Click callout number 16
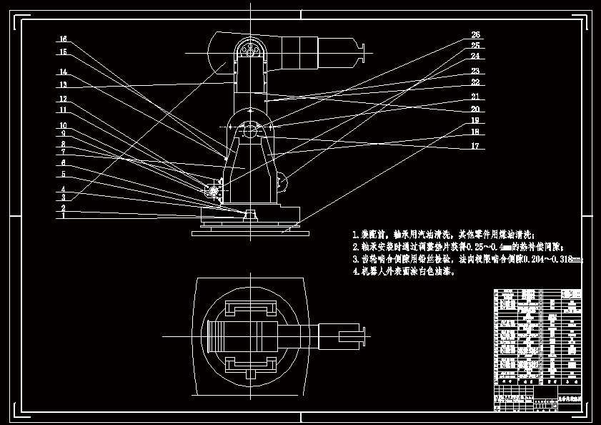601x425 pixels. coord(63,39)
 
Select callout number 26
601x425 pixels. coord(475,35)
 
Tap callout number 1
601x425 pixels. coord(63,215)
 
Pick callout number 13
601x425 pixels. coord(63,85)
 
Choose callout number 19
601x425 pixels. coord(475,121)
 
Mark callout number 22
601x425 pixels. coord(475,83)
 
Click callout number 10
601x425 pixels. coord(63,126)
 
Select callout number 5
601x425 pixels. coord(63,174)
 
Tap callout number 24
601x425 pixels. coord(475,56)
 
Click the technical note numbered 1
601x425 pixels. coord(443,234)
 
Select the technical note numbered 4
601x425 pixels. coord(404,272)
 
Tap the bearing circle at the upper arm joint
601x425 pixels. coord(250,49)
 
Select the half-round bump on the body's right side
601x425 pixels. coord(284,182)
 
